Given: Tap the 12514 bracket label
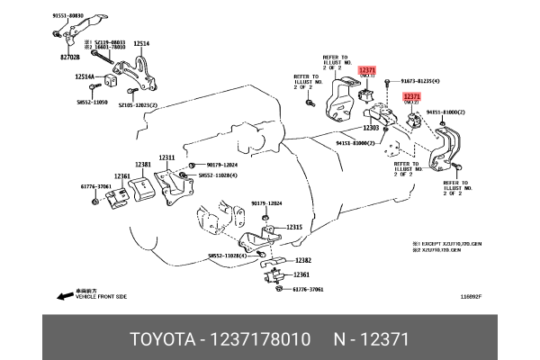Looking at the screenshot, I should [x=141, y=42].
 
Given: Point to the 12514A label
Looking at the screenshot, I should [x=85, y=78].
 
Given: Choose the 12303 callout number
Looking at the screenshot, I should [x=371, y=129].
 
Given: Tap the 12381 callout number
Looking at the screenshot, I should [x=142, y=165].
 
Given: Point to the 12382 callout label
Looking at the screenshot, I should [x=301, y=259].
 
